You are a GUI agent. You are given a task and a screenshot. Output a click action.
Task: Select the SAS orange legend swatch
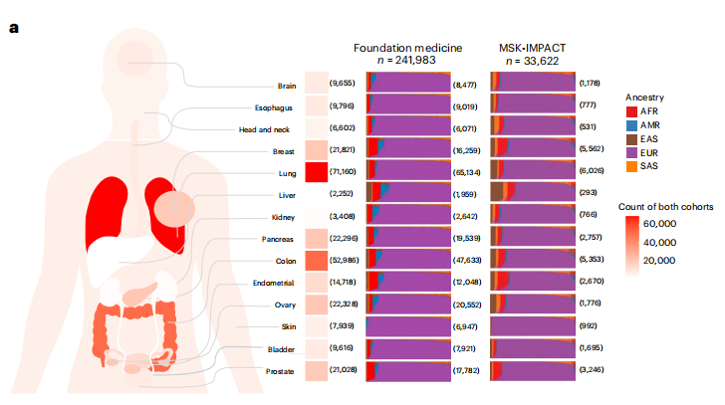coord(632,165)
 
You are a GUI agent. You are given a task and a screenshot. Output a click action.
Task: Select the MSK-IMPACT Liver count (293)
coord(591,193)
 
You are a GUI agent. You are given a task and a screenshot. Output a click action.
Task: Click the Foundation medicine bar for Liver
coord(408,193)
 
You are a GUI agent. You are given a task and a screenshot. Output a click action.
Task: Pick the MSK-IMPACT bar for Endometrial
coord(534,283)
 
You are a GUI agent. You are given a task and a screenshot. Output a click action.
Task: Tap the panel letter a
coord(14,26)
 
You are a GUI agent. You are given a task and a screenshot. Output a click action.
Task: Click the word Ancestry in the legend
coord(645,97)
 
